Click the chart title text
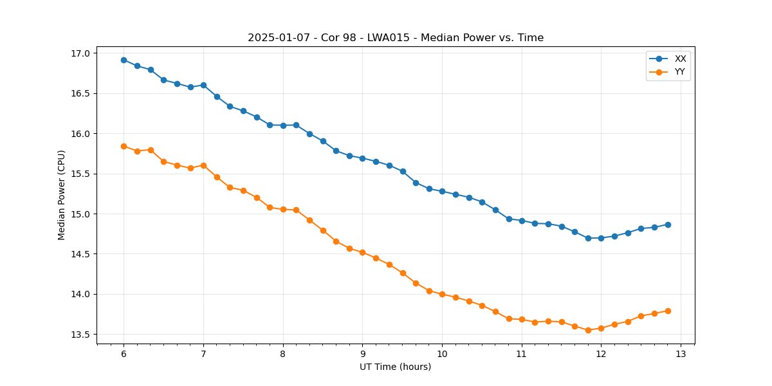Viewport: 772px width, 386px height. click(x=396, y=38)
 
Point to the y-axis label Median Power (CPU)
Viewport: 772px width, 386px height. click(x=62, y=195)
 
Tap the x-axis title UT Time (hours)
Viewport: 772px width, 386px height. click(x=396, y=367)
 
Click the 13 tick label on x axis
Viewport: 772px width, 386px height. click(x=681, y=354)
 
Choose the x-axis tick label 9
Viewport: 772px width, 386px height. click(x=362, y=354)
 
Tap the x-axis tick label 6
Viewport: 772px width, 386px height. click(x=124, y=354)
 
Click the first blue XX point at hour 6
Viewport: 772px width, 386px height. click(x=124, y=60)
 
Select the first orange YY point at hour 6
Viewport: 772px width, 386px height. click(x=124, y=146)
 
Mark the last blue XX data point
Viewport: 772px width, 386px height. click(x=668, y=225)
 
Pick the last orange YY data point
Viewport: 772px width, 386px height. click(x=668, y=311)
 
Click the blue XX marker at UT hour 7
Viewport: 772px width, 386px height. click(x=203, y=85)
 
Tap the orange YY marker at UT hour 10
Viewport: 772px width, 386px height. click(x=442, y=294)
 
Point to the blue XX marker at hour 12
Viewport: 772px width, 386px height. click(x=601, y=238)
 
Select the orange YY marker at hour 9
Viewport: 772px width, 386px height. click(x=362, y=252)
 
